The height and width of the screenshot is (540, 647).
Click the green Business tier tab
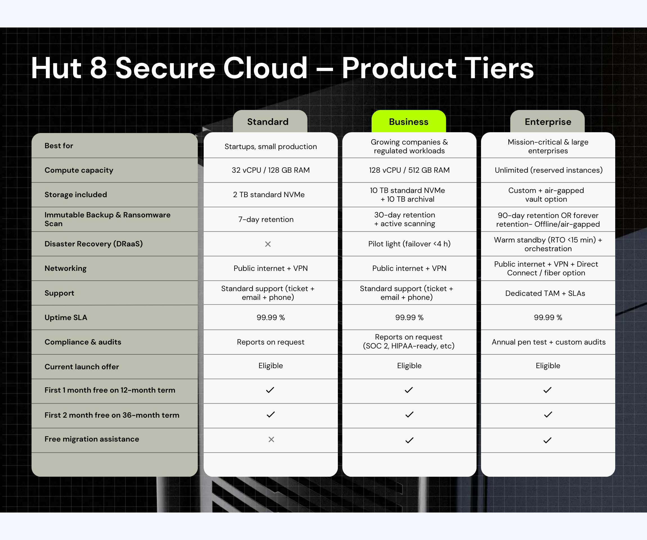coord(408,122)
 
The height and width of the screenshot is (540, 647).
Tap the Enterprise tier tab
coord(547,122)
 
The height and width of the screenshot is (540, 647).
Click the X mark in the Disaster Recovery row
coord(268,244)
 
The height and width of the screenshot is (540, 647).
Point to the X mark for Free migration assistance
coord(271,439)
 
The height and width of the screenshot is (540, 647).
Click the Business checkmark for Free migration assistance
coord(409,440)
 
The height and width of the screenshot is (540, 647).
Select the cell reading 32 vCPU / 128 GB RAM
coord(271,170)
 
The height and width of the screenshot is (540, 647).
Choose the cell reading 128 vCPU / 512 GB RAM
coord(409,170)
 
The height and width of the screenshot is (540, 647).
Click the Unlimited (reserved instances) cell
coord(549,170)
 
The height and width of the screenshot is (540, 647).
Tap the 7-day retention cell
coord(266,219)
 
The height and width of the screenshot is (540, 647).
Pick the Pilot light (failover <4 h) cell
coord(409,244)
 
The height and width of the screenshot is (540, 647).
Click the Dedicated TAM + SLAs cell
coord(545,293)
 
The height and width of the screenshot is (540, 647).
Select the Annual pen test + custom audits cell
coord(549,342)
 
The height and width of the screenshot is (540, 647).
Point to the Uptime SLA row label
coord(66,317)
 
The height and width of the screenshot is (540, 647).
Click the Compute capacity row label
coord(79,170)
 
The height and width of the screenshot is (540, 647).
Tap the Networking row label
coord(66,268)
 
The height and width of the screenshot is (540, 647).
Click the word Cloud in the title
coord(265,68)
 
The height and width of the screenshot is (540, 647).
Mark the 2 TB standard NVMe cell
coord(269,195)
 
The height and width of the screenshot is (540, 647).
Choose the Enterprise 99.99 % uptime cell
coord(548,317)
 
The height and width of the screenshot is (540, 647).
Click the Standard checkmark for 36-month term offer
coord(271,415)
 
